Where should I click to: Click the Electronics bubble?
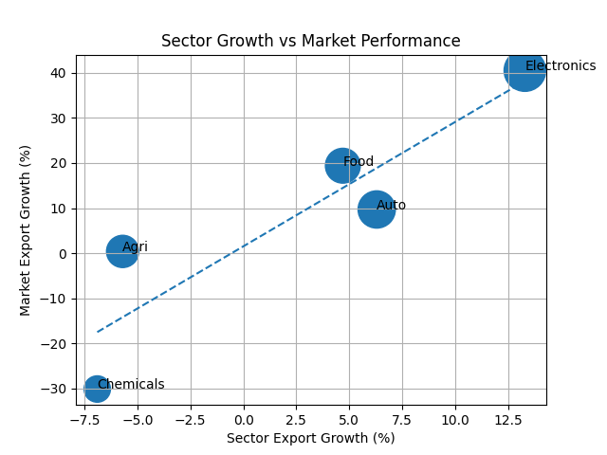point(524,71)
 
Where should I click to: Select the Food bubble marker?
point(342,165)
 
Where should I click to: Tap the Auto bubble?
point(377,209)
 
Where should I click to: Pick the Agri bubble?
point(122,251)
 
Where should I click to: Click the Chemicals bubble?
point(97,389)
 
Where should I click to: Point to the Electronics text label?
point(561,66)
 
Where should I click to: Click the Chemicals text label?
point(131,385)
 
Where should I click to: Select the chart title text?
point(310,42)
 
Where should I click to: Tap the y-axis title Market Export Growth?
point(27,230)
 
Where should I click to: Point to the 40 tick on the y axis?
point(58,73)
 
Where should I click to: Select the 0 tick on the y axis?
point(62,254)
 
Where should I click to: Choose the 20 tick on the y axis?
point(58,163)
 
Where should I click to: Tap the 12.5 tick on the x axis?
point(508,419)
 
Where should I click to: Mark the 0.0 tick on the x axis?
point(244,419)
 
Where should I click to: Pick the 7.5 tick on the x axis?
point(402,419)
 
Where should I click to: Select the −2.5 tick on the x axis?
point(191,419)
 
